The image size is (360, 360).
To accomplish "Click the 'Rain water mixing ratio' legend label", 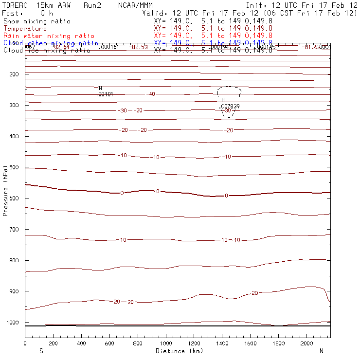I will pyautogui.click(x=49, y=36).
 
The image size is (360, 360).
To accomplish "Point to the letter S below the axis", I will pyautogui.click(x=40, y=351).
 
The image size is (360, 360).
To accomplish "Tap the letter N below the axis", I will pyautogui.click(x=321, y=351).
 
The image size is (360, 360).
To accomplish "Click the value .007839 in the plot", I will pyautogui.click(x=230, y=106).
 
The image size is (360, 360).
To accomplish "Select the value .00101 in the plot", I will pyautogui.click(x=105, y=94).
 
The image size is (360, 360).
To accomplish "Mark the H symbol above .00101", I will pyautogui.click(x=100, y=89).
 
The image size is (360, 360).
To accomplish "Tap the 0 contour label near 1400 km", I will pyautogui.click(x=226, y=196).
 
